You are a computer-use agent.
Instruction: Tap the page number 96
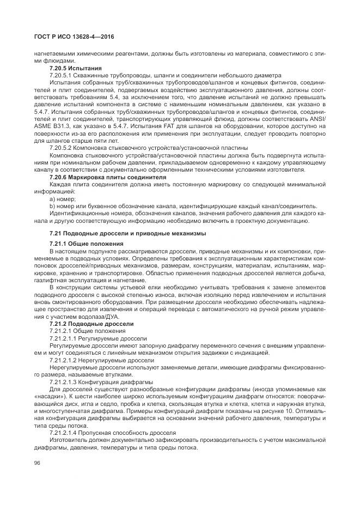38,463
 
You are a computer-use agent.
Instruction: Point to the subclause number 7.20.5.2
62,148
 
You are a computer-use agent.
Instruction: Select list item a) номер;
65,199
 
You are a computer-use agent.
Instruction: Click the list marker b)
52,207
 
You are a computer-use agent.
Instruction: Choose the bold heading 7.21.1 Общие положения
86,242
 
